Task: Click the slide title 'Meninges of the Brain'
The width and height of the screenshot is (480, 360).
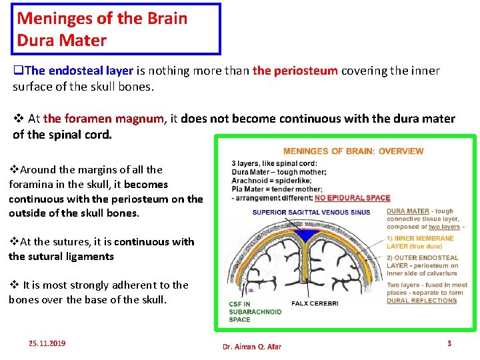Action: click(x=102, y=18)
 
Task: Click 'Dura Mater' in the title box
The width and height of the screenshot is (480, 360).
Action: click(x=61, y=40)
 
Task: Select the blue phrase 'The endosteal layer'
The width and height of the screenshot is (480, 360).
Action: click(x=79, y=71)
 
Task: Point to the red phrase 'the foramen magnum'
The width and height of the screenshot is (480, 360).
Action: click(x=103, y=119)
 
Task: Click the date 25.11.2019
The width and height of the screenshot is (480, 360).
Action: click(x=47, y=343)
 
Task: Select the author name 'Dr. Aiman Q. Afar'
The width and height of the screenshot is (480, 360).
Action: click(x=252, y=346)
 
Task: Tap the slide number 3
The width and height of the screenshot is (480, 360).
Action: click(x=449, y=343)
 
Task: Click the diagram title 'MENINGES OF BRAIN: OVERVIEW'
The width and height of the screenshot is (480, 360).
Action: click(x=353, y=151)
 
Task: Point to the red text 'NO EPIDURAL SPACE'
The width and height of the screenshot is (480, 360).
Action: click(x=352, y=197)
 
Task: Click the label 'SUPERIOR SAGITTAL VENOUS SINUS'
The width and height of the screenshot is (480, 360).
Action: click(x=311, y=213)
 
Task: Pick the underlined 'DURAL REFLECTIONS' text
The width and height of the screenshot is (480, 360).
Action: click(x=421, y=300)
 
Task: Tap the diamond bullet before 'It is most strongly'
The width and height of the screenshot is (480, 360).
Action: click(x=15, y=285)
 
